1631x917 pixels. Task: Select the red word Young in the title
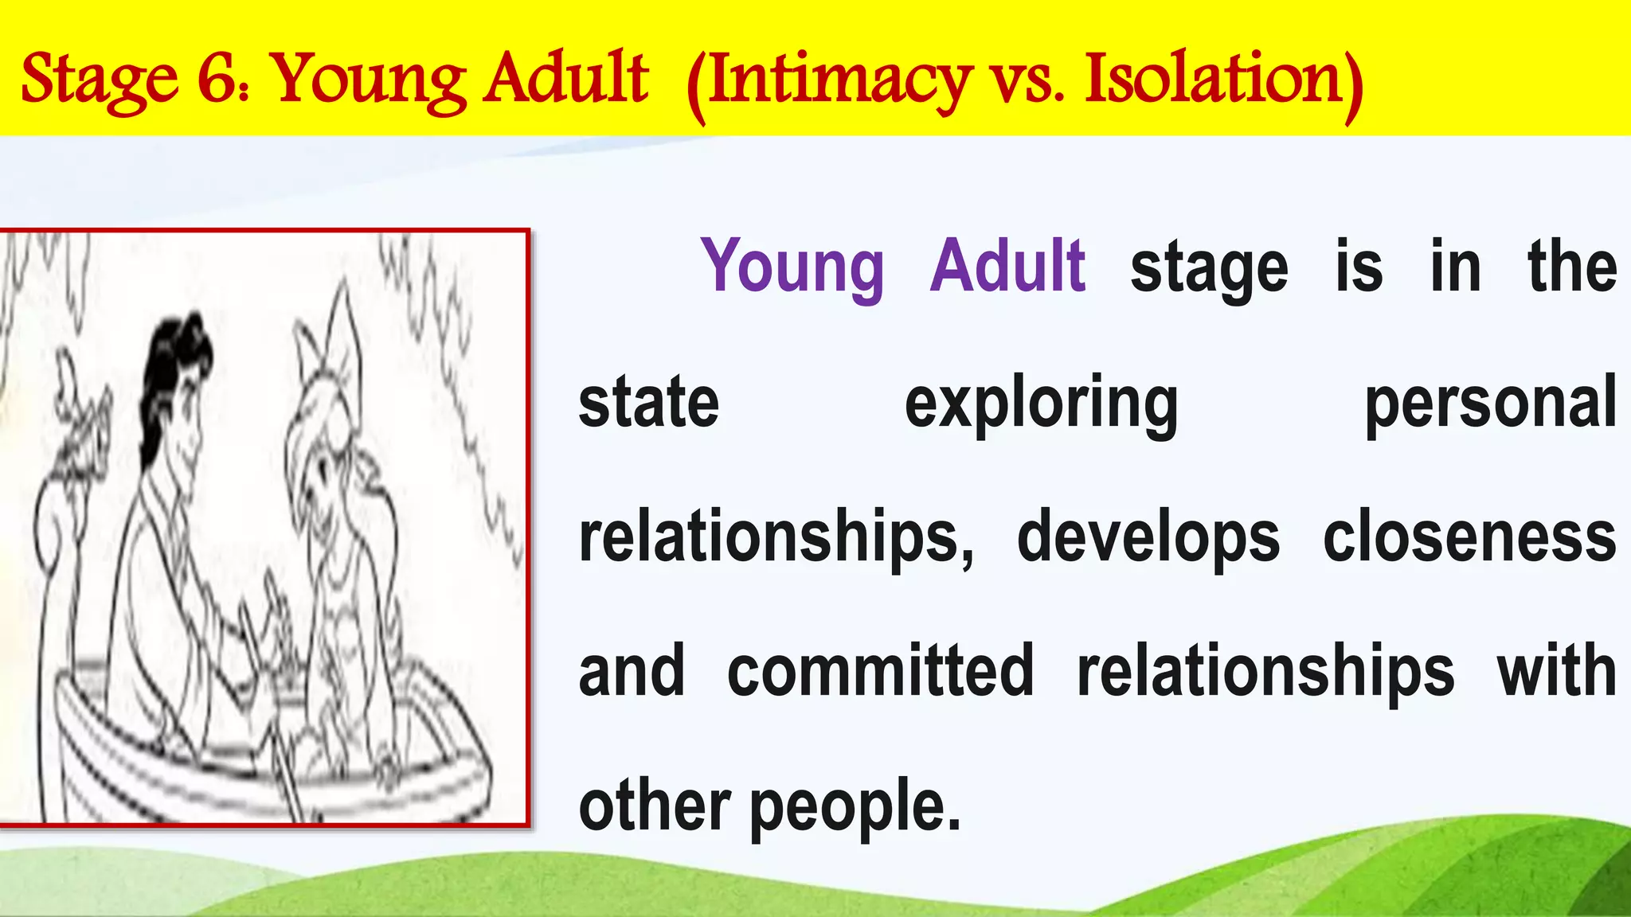[370, 80]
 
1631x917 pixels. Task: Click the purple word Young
[792, 267]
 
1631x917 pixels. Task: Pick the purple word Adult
[1007, 266]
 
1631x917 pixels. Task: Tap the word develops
[1148, 537]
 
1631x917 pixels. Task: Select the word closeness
[1469, 537]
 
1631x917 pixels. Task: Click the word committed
[880, 671]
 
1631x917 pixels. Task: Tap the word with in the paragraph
[1557, 671]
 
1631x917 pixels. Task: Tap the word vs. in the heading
[1027, 80]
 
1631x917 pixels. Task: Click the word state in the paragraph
[648, 403]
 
